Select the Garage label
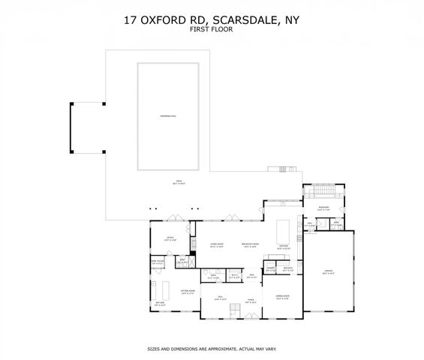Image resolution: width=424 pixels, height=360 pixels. [328, 273]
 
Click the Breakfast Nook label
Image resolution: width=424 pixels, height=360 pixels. [249, 245]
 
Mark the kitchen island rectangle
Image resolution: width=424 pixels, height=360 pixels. [284, 227]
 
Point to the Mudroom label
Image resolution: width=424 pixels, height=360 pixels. [323, 209]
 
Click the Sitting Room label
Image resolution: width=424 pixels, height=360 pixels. [188, 292]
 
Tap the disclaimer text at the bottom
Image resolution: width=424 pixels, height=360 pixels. [212, 349]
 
